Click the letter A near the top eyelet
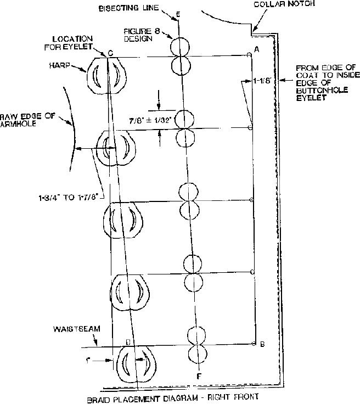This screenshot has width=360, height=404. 256,50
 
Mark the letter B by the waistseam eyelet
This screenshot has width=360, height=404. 262,345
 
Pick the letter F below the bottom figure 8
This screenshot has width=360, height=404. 198,376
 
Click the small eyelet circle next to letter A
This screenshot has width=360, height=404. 249,54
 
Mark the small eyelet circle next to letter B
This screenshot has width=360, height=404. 253,344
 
